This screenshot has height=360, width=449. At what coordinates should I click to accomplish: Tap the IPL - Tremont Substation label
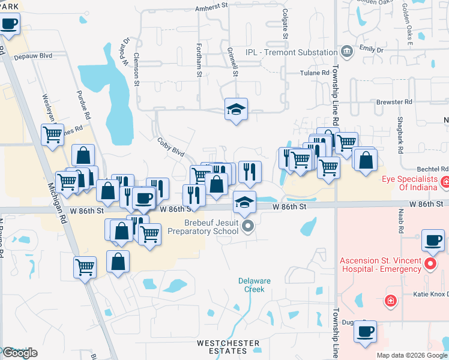point(291,52)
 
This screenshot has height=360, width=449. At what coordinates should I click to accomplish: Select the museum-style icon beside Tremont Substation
point(347,52)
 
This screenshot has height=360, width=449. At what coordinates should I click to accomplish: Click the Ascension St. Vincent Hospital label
point(381,265)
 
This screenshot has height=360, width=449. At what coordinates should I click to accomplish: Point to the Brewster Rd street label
point(394,102)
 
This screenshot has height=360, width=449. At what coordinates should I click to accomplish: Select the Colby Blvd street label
point(170,147)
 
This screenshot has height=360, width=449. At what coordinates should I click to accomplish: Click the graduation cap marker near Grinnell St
point(237,109)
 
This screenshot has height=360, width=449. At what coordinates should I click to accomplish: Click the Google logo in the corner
point(20,353)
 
